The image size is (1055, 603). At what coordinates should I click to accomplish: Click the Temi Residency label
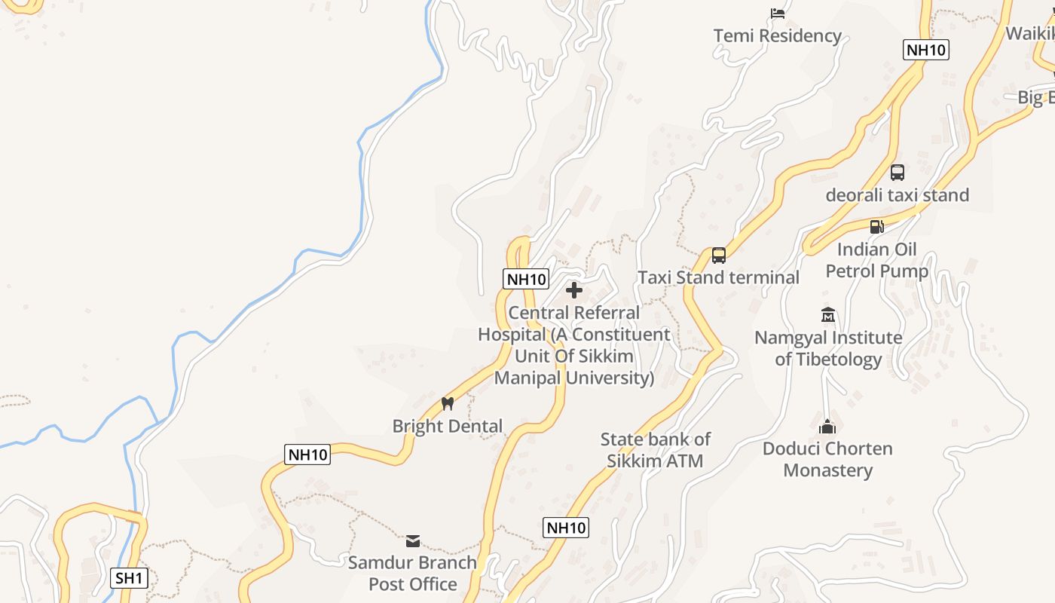[777, 35]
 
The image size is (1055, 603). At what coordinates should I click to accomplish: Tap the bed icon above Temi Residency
[778, 14]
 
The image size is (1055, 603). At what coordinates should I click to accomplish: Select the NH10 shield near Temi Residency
[925, 51]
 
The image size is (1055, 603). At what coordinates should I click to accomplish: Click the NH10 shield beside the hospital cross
[526, 279]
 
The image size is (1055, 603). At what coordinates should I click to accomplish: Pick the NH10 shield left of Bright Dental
[307, 455]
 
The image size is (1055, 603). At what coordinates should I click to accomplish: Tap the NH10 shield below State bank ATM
[565, 528]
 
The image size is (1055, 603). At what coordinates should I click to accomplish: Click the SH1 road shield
[129, 578]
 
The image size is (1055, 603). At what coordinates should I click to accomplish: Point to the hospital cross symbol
[574, 290]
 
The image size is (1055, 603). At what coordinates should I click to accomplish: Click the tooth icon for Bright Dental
[448, 403]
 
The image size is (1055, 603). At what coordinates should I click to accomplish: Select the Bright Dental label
[447, 426]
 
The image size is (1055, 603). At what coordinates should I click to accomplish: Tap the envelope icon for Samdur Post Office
[413, 540]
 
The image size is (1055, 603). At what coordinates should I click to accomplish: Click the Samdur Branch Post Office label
[412, 573]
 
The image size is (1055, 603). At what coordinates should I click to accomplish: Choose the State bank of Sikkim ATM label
[655, 450]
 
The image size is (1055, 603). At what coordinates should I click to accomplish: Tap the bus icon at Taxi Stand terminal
[719, 256]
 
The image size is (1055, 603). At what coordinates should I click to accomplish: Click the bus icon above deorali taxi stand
[897, 173]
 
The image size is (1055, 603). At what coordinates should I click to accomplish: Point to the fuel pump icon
[876, 226]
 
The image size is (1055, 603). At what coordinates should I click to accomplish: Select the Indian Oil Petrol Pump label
[876, 260]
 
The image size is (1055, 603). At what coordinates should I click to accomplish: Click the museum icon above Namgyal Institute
[828, 314]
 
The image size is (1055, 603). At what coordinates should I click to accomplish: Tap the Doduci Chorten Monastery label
[827, 459]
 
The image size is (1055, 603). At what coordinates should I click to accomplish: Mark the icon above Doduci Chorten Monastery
[827, 427]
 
